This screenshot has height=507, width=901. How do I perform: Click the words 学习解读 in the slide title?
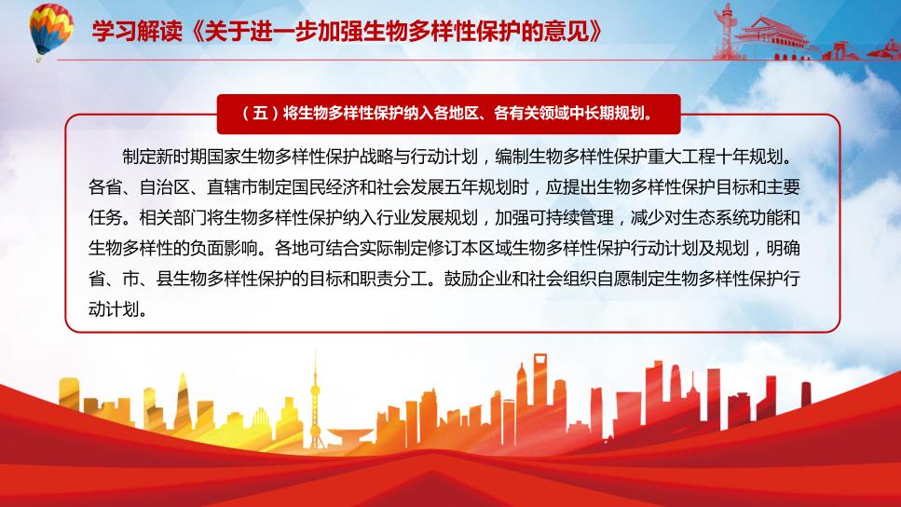point(137,31)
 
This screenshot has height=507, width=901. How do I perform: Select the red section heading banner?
point(449,114)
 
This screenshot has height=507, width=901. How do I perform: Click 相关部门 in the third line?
point(173,217)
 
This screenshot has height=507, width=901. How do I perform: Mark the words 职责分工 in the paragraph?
point(393,279)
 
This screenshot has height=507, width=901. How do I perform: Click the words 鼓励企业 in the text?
point(478,279)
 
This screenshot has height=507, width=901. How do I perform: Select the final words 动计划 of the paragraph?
point(114,308)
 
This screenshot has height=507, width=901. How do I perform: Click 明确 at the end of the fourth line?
point(784,248)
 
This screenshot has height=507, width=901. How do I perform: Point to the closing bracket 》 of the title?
point(596,31)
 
